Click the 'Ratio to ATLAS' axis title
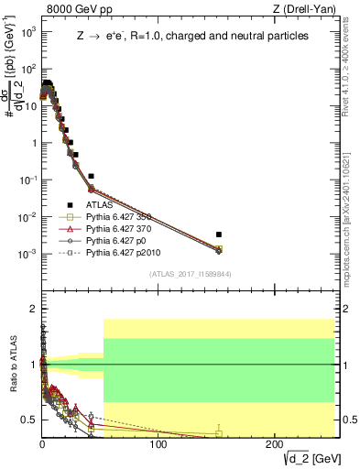12,364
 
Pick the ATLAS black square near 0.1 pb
91,176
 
